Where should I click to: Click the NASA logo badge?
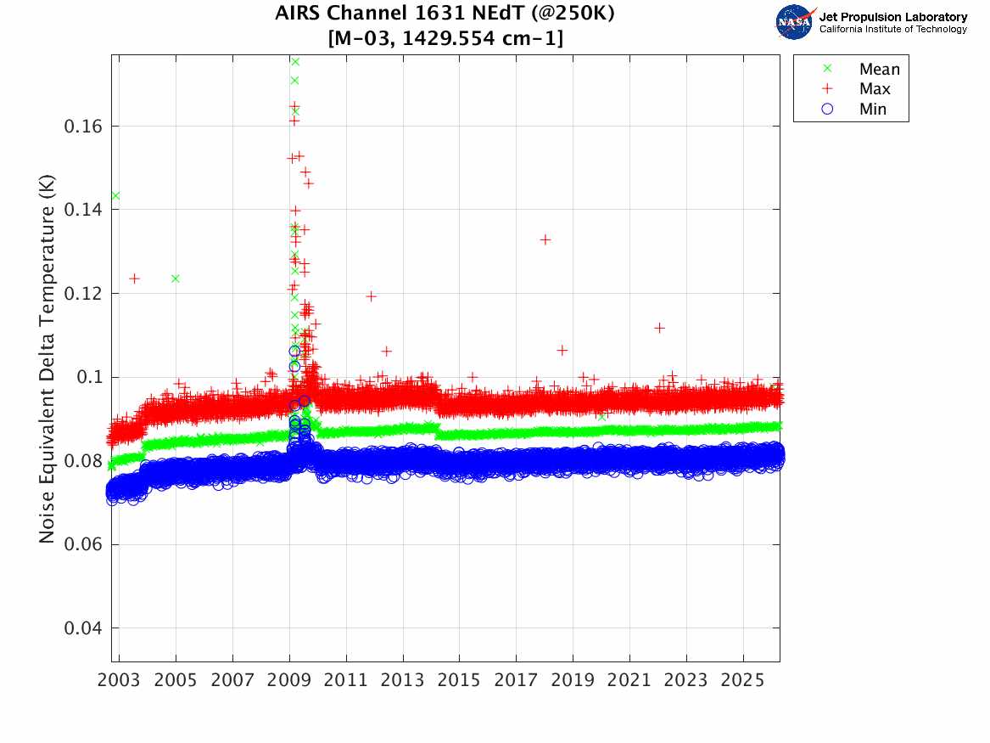(x=794, y=21)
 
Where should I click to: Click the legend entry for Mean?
(x=879, y=70)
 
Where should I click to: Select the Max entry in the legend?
(x=874, y=89)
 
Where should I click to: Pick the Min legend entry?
(x=873, y=109)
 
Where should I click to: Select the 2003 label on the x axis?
(x=120, y=682)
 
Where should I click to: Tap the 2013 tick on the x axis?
(x=403, y=682)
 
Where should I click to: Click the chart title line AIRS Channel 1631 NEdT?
(x=444, y=14)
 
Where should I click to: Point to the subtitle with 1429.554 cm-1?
(x=444, y=38)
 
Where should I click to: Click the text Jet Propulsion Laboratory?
(x=892, y=16)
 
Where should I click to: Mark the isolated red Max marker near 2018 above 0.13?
(x=545, y=239)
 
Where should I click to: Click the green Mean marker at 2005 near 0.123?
(x=176, y=279)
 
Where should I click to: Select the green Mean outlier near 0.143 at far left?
(x=115, y=196)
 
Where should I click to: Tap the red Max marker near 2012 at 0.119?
(x=371, y=296)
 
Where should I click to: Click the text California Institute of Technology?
(x=892, y=30)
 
